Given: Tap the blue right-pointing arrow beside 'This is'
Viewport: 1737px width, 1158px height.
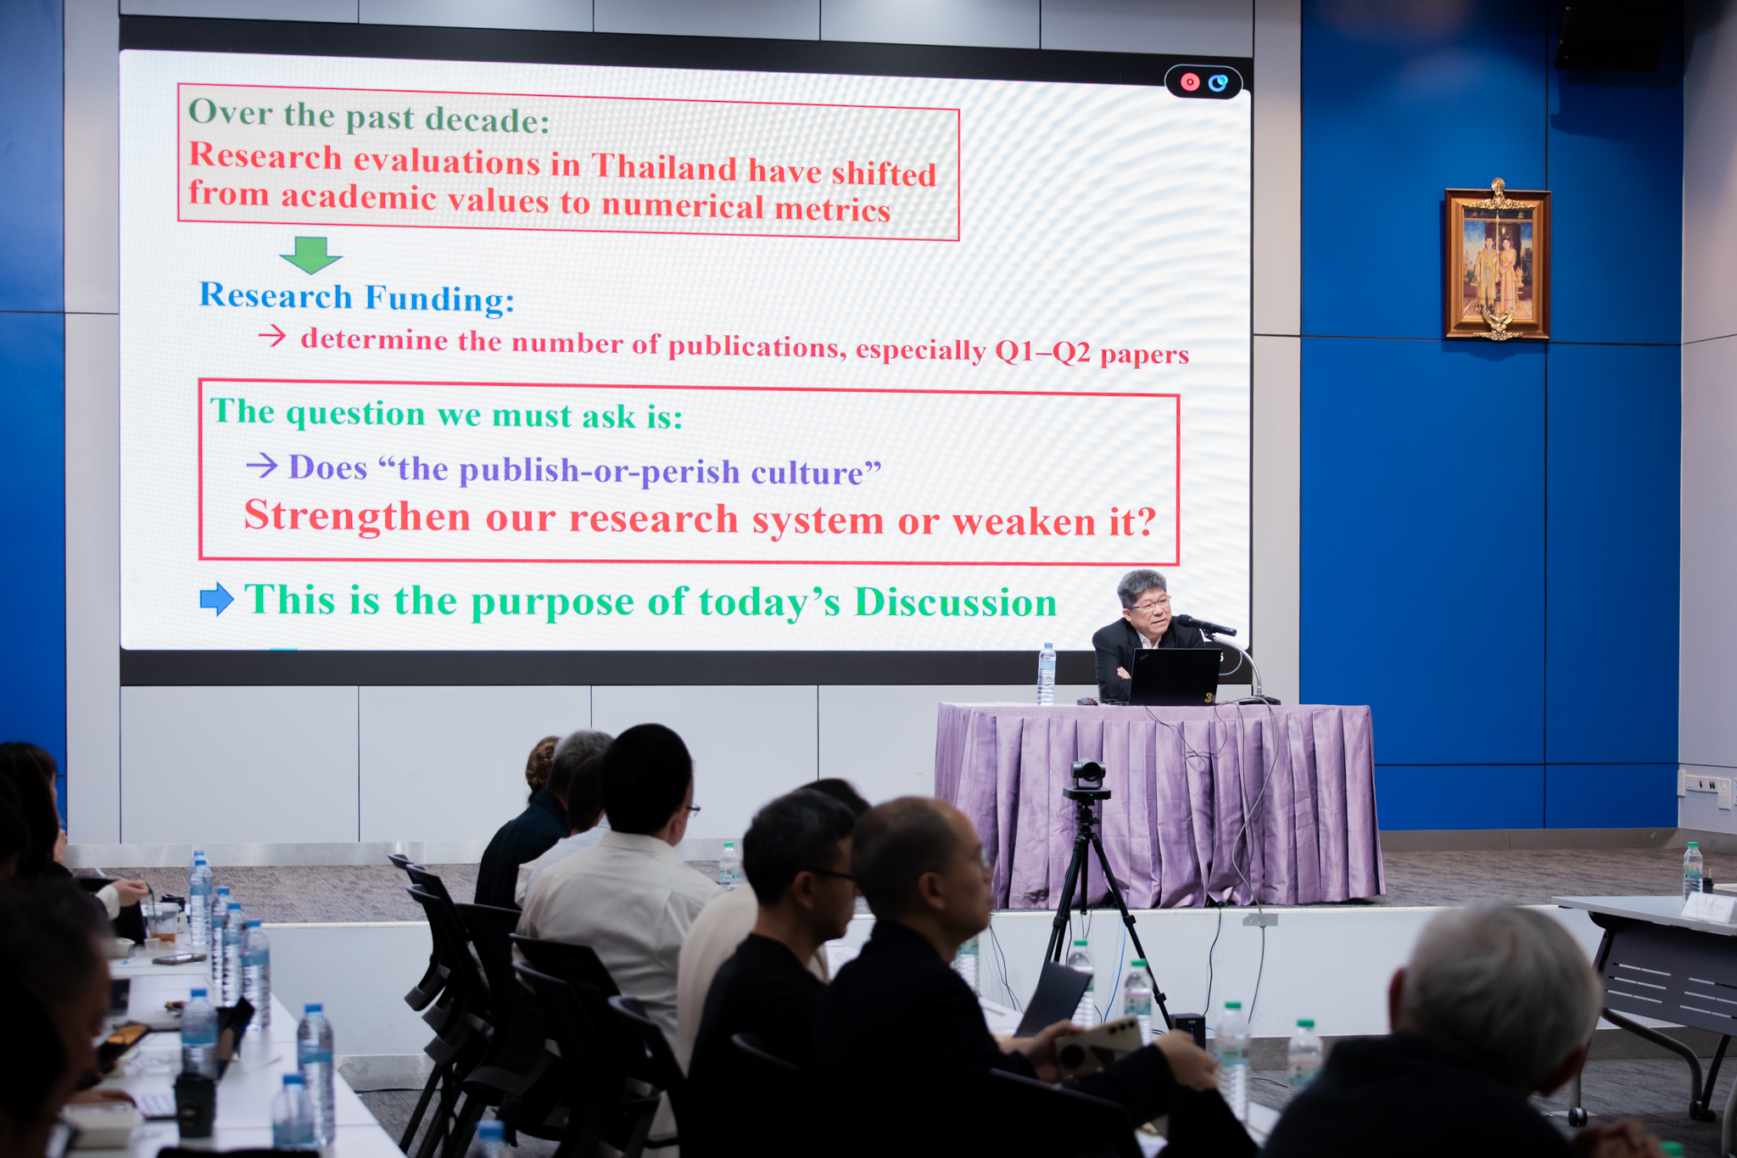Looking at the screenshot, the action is pyautogui.click(x=216, y=599).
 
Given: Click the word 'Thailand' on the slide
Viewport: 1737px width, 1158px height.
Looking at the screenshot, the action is pyautogui.click(x=664, y=167).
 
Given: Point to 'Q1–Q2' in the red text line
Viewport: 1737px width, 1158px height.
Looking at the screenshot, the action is pyautogui.click(x=1042, y=351).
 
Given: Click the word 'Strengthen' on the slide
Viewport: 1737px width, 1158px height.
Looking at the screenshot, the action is pyautogui.click(x=357, y=515).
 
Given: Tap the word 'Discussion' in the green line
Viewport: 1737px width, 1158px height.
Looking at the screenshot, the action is pyautogui.click(x=955, y=602).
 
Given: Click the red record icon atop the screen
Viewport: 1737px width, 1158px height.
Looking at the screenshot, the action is pyautogui.click(x=1190, y=82).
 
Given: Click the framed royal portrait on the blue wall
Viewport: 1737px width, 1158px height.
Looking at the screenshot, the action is pyautogui.click(x=1497, y=261).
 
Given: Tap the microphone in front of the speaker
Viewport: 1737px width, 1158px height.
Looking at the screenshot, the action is pyautogui.click(x=1206, y=626).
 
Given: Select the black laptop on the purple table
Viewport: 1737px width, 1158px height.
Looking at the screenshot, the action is pyautogui.click(x=1174, y=676).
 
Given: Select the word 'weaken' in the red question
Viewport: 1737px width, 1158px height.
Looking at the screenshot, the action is pyautogui.click(x=1025, y=523).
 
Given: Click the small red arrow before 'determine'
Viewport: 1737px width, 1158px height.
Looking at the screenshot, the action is pyautogui.click(x=272, y=337).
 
